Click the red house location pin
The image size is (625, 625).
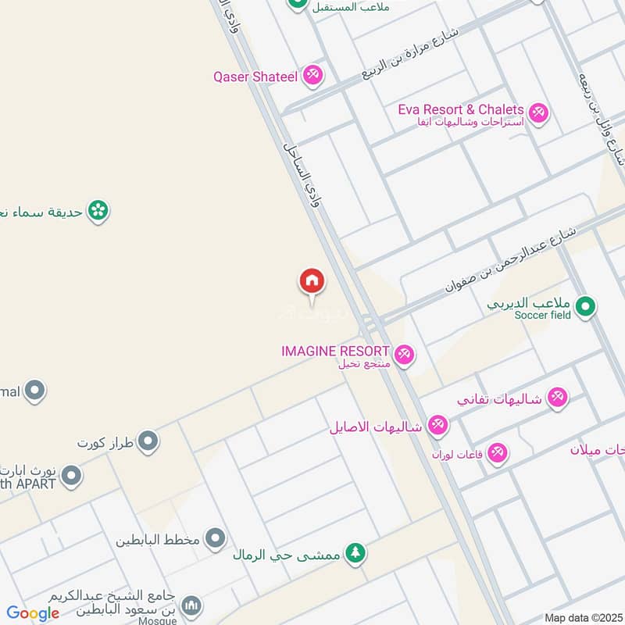click(312, 281)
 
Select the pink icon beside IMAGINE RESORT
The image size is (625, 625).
click(404, 355)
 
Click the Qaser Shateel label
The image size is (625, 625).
click(255, 77)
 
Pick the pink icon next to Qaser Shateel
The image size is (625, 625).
click(312, 75)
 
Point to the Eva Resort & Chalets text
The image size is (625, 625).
click(460, 109)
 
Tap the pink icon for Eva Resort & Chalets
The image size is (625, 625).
click(537, 113)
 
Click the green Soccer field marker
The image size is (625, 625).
click(586, 307)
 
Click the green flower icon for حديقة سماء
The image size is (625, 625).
click(98, 210)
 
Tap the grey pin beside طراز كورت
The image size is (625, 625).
click(148, 443)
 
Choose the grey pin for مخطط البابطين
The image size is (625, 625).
click(215, 538)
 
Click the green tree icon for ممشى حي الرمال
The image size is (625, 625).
click(355, 553)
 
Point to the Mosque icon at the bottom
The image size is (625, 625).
click(191, 605)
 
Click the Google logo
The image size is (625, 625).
click(33, 613)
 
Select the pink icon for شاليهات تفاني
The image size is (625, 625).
click(557, 398)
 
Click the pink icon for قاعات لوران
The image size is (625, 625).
click(497, 452)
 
